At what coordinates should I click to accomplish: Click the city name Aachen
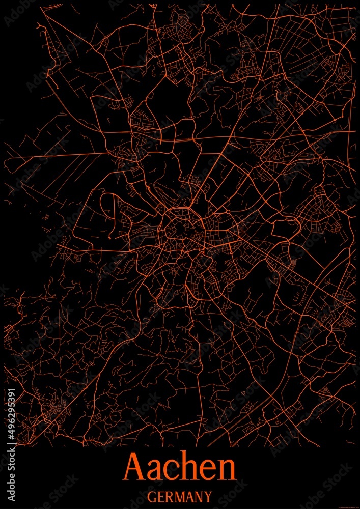[x=180, y=466]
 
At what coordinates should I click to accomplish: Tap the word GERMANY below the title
[x=180, y=496]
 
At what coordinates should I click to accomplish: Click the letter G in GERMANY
[x=152, y=496]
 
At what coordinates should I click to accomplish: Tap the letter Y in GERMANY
[x=207, y=496]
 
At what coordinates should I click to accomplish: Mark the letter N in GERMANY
[x=198, y=496]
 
